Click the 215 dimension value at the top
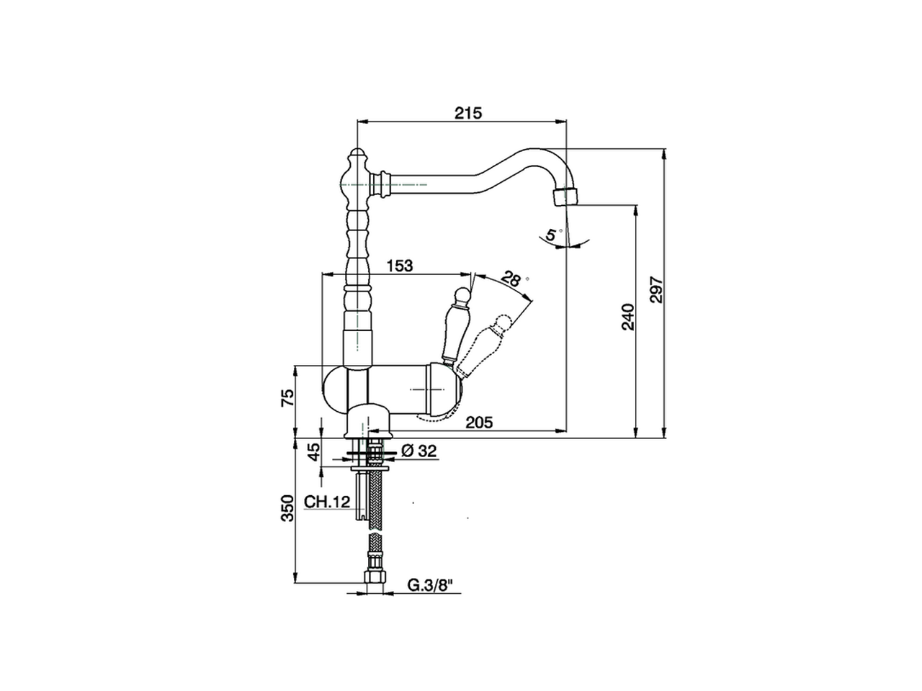tap(467, 113)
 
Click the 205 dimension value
tap(479, 423)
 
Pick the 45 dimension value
tap(314, 453)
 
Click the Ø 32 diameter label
tap(419, 451)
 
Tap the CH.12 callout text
tap(327, 502)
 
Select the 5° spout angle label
tap(552, 234)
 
